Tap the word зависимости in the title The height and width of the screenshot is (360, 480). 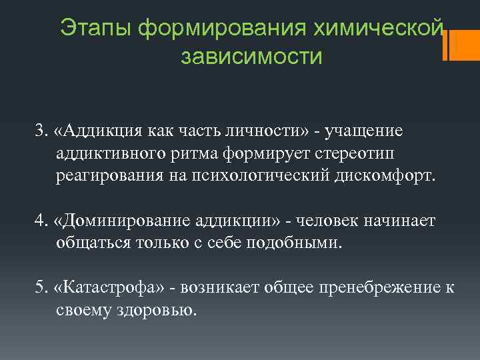point(251,57)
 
